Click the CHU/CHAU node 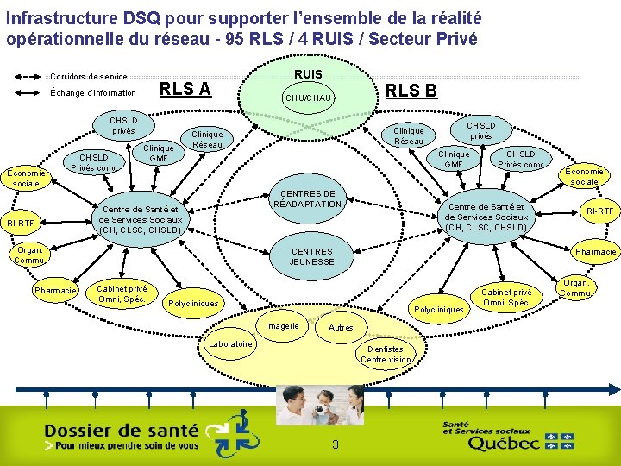pos(309,98)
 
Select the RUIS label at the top pos(309,74)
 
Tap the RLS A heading pos(185,88)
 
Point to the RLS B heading pos(411,91)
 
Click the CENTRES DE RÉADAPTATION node pos(308,198)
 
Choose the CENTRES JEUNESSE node pos(310,256)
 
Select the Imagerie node pos(283,326)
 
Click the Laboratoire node pos(230,344)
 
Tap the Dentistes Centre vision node pos(386,354)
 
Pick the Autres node pos(342,328)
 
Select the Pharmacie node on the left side pos(56,291)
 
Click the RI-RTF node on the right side pos(599,211)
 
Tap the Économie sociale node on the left pos(26,178)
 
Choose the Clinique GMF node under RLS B pos(454,159)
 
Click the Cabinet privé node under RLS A pos(122,294)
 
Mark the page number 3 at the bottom pos(335,444)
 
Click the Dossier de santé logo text pos(121,430)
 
